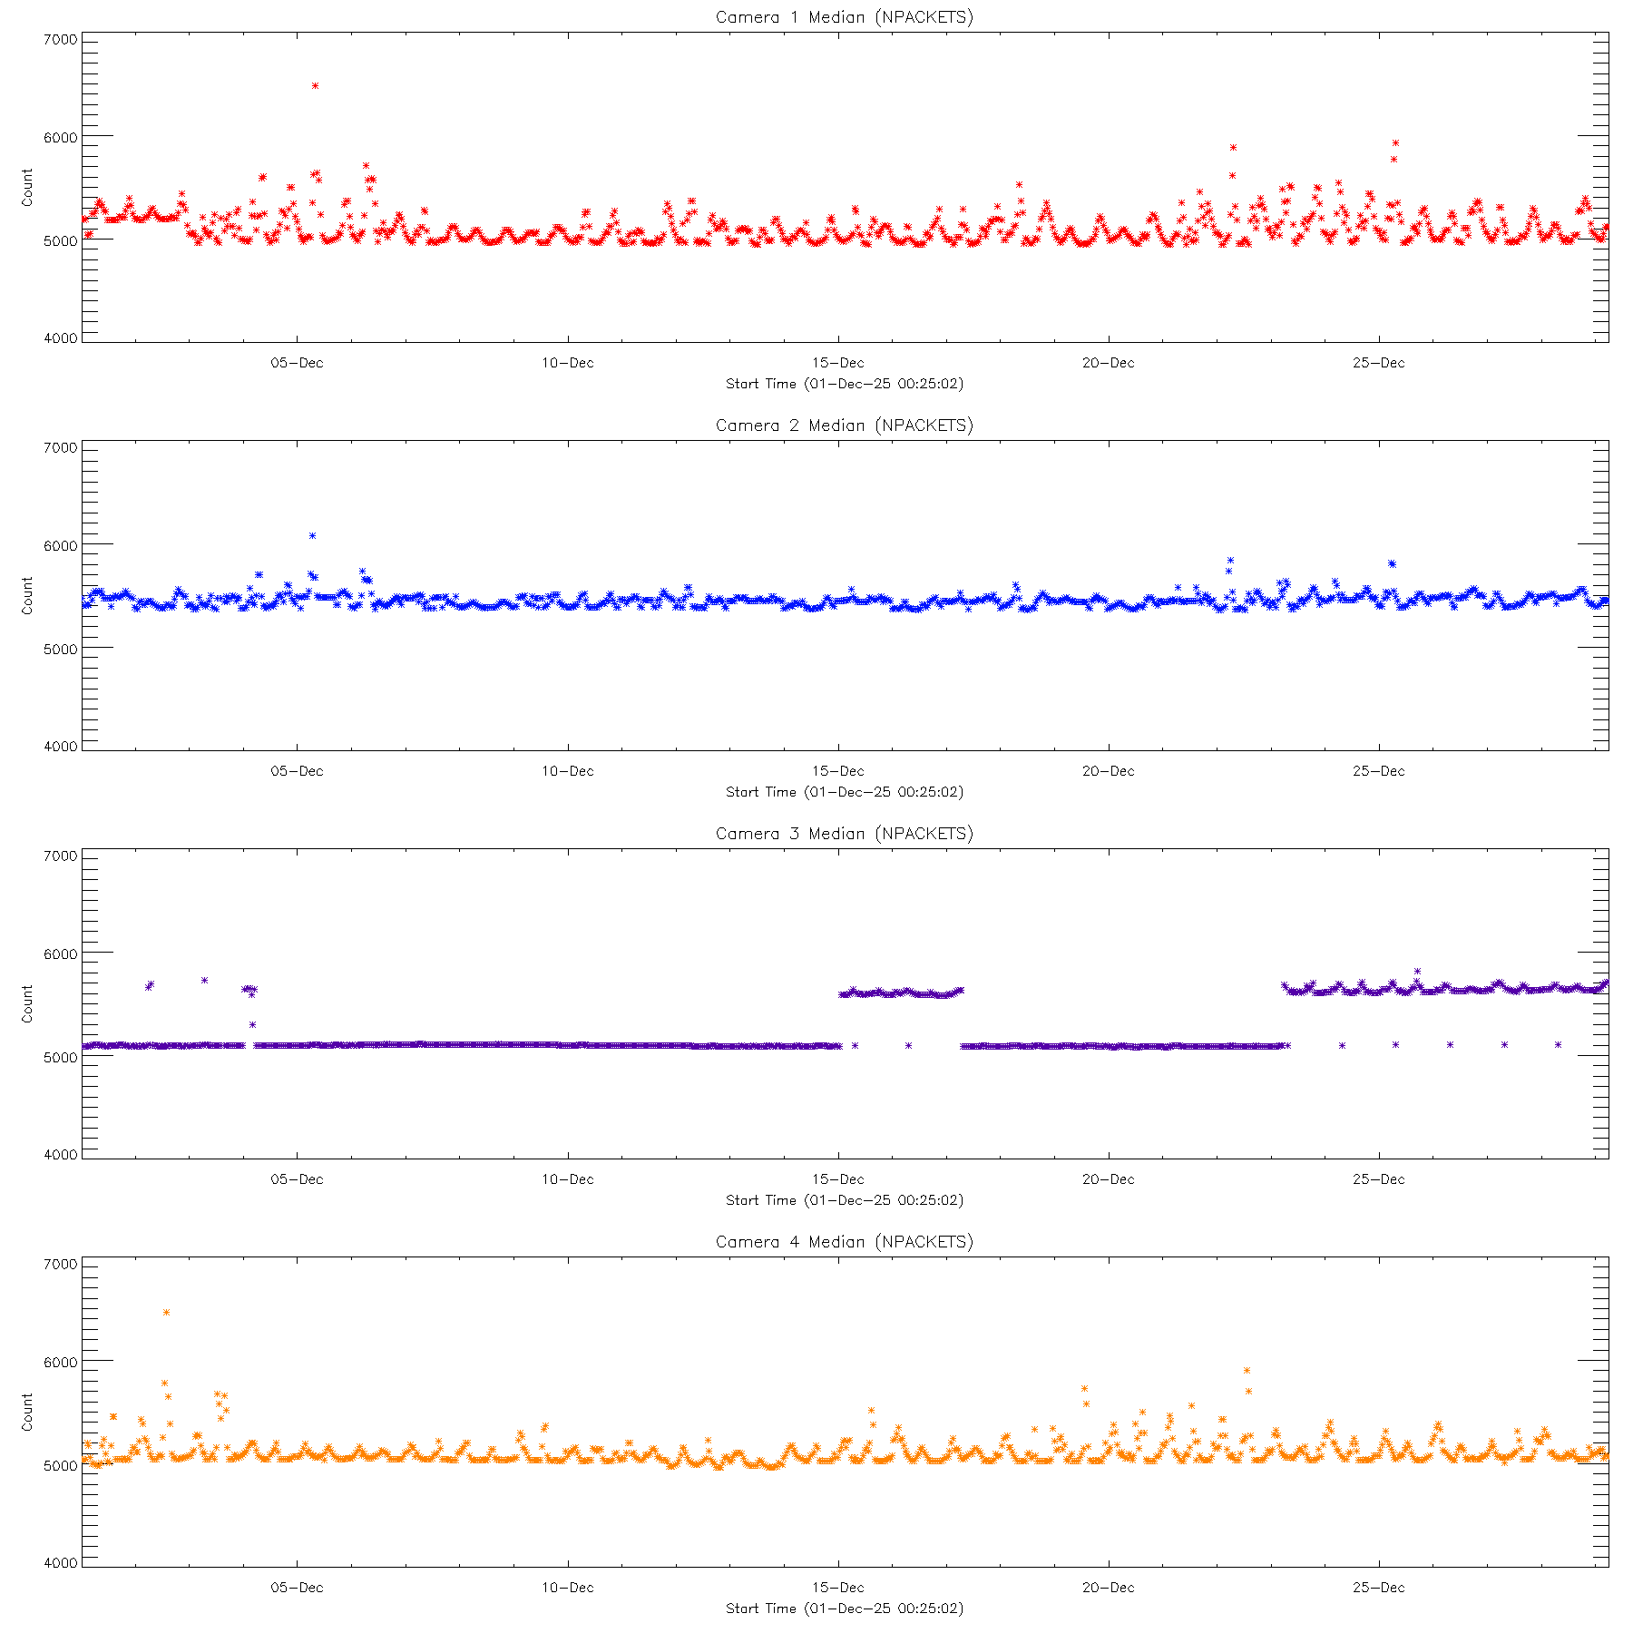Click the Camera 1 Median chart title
pos(844,17)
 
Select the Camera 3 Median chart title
pos(844,834)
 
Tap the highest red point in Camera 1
pos(315,85)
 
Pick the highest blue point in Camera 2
pos(312,535)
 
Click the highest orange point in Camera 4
pos(166,1312)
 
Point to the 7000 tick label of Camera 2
pos(61,448)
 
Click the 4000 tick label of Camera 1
pos(61,338)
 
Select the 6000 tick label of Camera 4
pos(61,1363)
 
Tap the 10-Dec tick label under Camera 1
pos(568,363)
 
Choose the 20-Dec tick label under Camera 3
pos(1108,1179)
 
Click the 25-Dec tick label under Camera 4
pos(1378,1588)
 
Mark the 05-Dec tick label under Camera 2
pos(297,771)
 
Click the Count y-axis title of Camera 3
pos(27,1003)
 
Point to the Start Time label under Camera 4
pos(844,1609)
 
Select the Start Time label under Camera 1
pos(844,384)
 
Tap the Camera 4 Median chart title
pos(844,1242)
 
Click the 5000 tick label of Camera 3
pos(61,1058)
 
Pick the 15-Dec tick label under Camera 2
pos(837,771)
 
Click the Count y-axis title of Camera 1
pos(27,187)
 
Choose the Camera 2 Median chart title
pos(844,425)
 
